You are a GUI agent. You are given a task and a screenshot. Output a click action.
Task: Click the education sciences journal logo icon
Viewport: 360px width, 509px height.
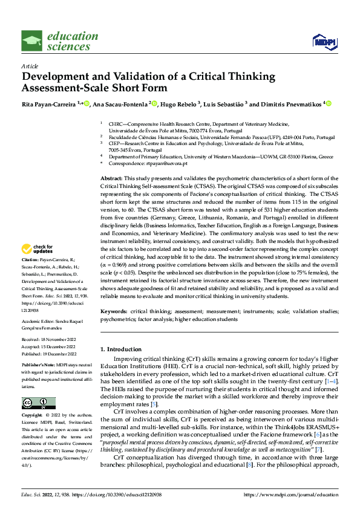click(31, 41)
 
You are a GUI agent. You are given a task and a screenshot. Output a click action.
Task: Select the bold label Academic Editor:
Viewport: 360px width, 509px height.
click(39, 322)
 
